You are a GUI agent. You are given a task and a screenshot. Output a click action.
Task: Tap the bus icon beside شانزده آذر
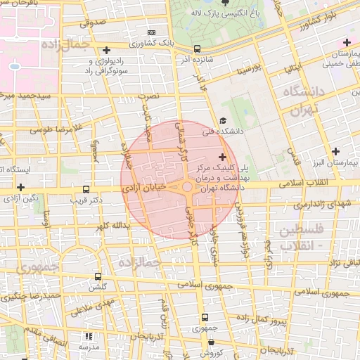197,49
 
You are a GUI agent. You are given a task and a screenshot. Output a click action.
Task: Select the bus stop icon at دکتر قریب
86,190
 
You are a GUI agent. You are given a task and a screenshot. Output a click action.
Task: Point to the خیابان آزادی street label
148,188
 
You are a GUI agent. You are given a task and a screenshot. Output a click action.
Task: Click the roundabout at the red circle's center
187,188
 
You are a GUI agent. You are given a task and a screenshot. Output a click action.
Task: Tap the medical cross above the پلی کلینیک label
223,157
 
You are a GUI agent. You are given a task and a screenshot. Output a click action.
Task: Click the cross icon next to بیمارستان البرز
336,151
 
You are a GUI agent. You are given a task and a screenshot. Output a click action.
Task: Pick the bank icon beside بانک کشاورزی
151,33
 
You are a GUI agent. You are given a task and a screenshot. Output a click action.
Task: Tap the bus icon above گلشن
97,276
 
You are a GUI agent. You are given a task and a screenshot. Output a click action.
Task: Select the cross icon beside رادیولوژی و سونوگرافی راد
106,50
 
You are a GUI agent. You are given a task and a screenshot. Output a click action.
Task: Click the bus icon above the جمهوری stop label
205,317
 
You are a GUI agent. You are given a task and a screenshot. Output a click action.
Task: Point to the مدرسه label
88,347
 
